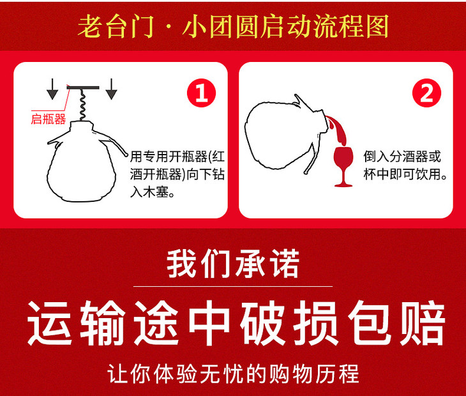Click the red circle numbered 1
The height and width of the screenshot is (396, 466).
click(202, 93)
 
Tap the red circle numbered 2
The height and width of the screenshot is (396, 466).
click(427, 93)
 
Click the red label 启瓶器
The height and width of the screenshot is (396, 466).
click(48, 119)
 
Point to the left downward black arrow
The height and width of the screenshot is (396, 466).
click(52, 89)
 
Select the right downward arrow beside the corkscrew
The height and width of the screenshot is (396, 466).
click(112, 89)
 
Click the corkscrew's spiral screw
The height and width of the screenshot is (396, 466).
click(82, 105)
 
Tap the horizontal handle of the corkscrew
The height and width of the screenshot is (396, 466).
click(83, 88)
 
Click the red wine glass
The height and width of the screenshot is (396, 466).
click(343, 167)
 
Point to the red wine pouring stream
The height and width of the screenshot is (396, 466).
click(336, 131)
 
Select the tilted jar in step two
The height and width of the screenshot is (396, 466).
click(285, 135)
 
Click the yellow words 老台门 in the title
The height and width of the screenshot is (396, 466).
click(116, 26)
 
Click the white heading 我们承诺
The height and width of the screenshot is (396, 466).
click(233, 263)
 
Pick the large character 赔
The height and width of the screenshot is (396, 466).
click(423, 323)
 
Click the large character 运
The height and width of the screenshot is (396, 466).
click(50, 323)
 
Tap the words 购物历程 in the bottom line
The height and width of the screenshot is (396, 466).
click(314, 374)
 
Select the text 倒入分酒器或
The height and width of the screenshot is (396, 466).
click(402, 156)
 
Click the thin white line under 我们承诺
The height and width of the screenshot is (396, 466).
click(233, 286)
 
